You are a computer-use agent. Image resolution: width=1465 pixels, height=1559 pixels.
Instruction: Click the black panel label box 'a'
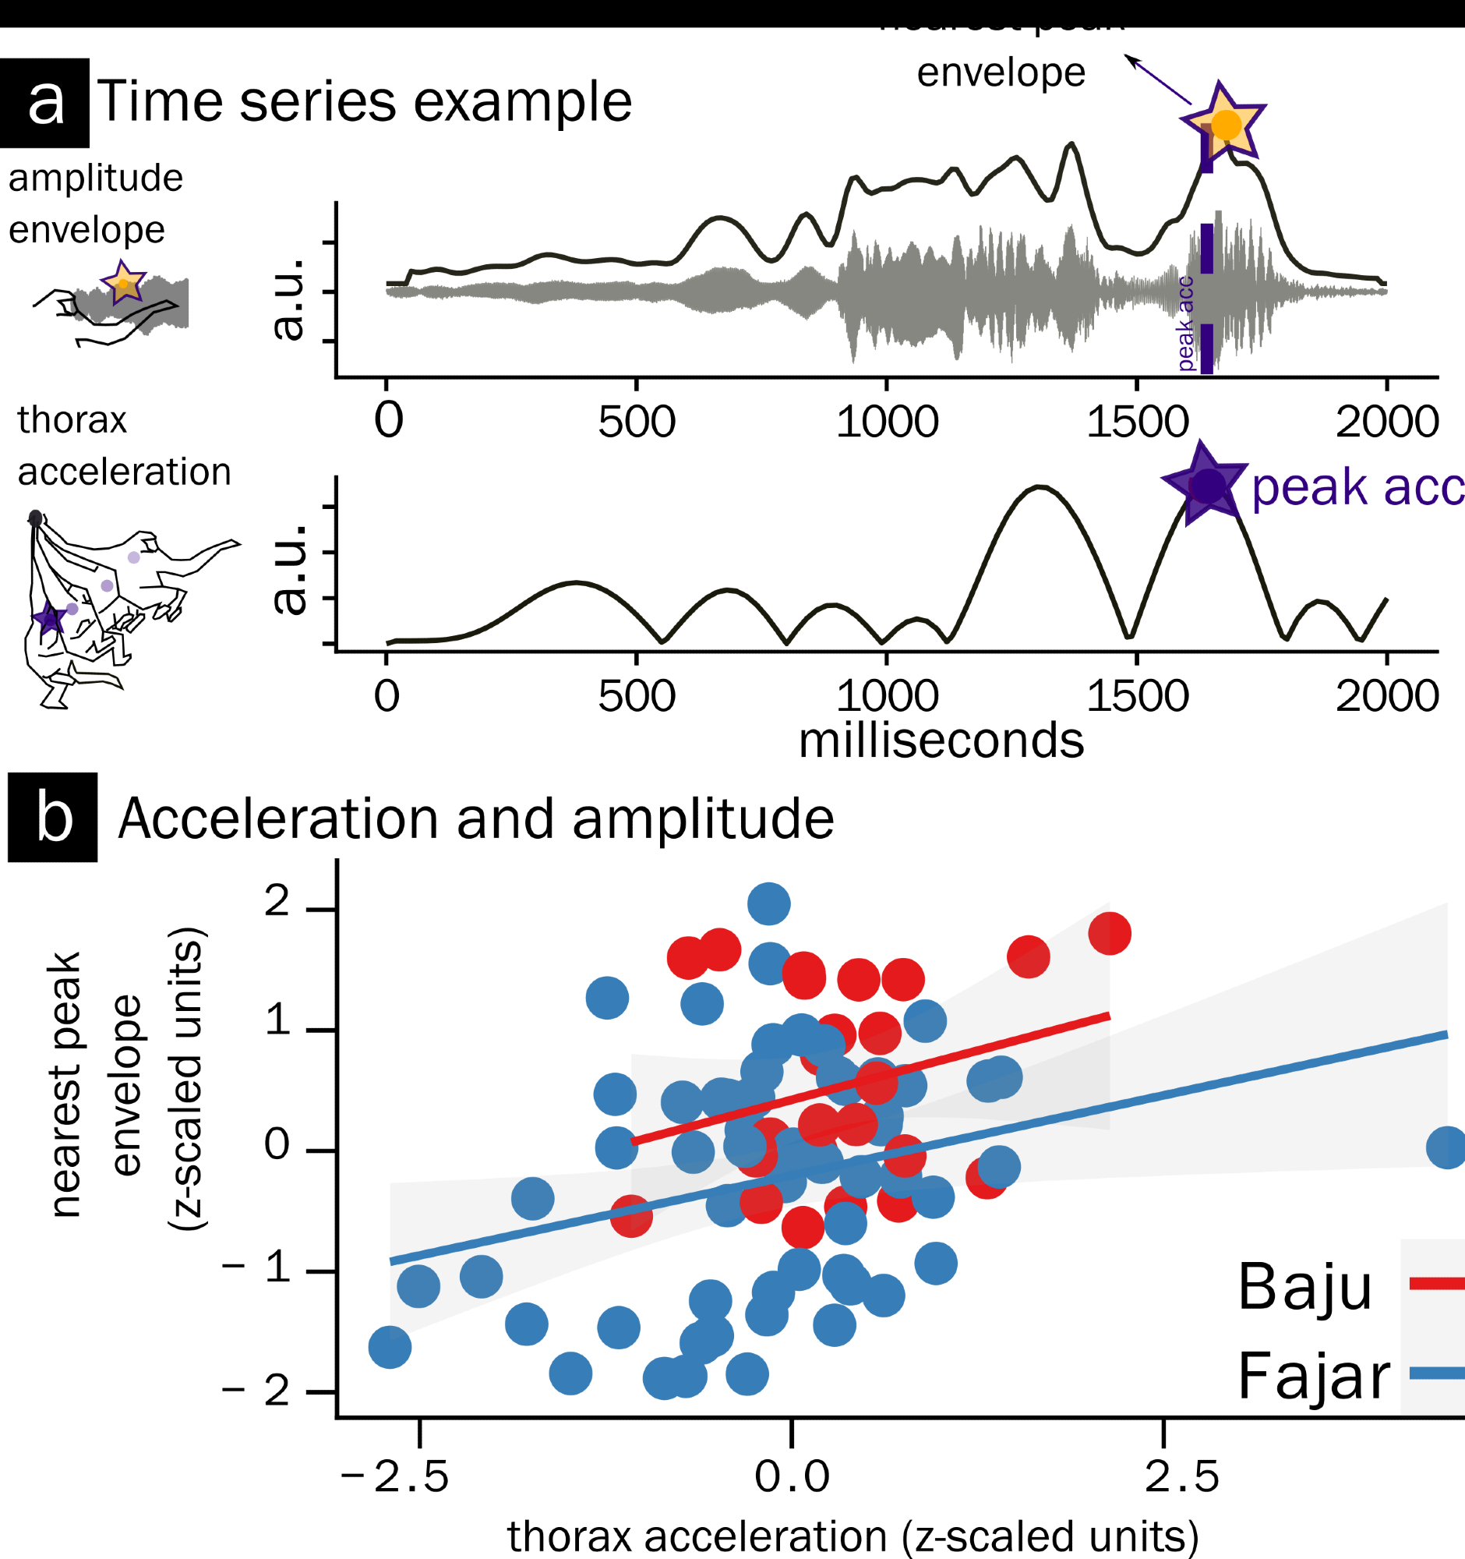point(44,103)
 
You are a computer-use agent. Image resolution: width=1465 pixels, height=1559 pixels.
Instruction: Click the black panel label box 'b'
point(52,818)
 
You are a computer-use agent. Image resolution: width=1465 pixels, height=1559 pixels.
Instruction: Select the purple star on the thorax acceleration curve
point(1206,486)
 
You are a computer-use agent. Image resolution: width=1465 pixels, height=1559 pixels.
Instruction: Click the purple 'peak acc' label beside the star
point(1357,487)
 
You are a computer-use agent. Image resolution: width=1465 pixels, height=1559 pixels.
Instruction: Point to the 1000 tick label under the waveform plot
point(887,422)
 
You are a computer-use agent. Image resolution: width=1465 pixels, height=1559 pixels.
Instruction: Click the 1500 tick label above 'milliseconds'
point(1137,695)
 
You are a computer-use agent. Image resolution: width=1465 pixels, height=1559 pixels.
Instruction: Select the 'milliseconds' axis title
point(941,741)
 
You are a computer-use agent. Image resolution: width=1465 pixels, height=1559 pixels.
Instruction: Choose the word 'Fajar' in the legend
point(1314,1377)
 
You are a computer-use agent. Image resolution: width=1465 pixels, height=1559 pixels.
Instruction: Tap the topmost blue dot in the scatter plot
point(768,903)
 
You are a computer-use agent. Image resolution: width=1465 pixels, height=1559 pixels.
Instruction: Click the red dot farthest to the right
point(1109,933)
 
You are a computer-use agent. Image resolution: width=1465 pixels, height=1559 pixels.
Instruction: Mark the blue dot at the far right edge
point(1446,1147)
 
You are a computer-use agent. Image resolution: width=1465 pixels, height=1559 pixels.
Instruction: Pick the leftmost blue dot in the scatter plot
point(390,1347)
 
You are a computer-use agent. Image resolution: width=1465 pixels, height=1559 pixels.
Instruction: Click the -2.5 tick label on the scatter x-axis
point(395,1476)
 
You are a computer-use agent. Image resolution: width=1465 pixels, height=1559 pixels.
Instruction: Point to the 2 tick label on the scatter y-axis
point(277,902)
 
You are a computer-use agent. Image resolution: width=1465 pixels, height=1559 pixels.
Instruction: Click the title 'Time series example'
point(365,102)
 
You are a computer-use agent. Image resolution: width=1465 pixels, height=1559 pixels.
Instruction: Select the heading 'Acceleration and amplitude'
point(476,818)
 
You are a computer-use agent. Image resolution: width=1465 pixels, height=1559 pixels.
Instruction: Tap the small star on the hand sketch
point(123,281)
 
